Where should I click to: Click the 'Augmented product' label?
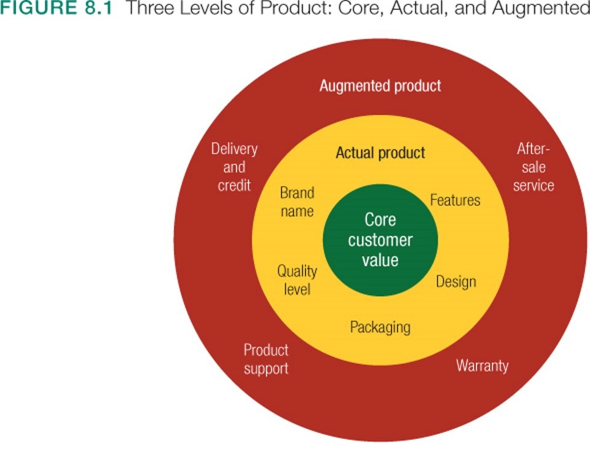tap(380, 86)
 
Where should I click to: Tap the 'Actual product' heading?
tap(380, 153)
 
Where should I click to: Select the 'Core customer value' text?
tap(380, 240)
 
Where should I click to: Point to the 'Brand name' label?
tap(297, 202)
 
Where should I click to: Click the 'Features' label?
tap(455, 200)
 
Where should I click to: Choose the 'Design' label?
tap(456, 282)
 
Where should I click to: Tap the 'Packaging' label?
tap(380, 327)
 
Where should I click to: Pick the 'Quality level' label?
tap(297, 280)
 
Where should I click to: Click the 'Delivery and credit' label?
tap(234, 167)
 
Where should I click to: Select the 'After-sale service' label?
tap(533, 167)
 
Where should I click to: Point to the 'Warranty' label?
tap(482, 366)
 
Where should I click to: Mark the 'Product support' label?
tap(265, 359)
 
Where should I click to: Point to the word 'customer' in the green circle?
tap(380, 240)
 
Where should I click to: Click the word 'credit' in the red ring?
tap(234, 185)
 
